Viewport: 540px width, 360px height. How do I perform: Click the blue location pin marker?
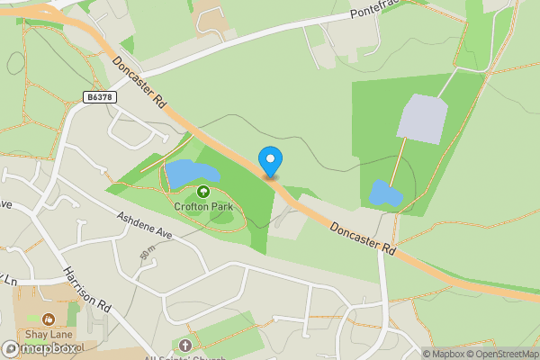[270, 161]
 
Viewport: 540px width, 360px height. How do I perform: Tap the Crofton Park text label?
[203, 206]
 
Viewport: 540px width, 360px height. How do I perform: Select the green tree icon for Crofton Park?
[203, 191]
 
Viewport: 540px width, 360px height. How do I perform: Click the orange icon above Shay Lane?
[48, 318]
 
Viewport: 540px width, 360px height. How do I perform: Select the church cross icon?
[185, 345]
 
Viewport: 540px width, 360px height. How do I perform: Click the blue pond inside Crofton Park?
[190, 171]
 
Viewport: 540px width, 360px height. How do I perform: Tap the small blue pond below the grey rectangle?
[385, 193]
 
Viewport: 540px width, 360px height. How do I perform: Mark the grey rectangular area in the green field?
[423, 117]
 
